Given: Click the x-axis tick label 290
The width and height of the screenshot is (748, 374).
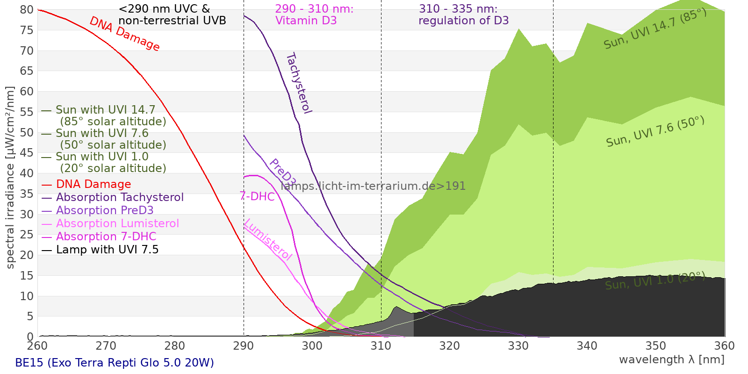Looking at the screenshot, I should (x=243, y=346).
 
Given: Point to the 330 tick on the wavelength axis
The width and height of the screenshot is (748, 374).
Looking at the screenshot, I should (x=518, y=346).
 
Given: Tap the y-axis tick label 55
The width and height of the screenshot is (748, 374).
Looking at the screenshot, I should (x=27, y=112).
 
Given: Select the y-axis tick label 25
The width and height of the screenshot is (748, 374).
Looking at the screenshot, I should (x=27, y=235).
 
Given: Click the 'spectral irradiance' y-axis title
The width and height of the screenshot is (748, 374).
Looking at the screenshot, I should (x=10, y=178).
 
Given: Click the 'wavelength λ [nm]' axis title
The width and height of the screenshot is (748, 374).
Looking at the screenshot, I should (x=671, y=360).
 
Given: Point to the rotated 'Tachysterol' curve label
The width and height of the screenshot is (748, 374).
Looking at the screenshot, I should (x=298, y=83).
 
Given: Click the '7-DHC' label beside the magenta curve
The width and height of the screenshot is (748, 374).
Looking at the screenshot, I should (x=257, y=196).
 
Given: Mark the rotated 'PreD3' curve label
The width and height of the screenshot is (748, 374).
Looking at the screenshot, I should (x=282, y=172).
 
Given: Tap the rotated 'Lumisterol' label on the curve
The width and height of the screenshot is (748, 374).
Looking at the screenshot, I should (x=268, y=239).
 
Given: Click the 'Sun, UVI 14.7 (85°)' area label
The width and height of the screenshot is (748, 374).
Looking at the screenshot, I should (x=655, y=29).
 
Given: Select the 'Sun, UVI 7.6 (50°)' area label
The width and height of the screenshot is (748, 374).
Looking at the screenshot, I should (x=655, y=132).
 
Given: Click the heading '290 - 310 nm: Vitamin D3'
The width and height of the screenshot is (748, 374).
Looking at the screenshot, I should (x=314, y=14).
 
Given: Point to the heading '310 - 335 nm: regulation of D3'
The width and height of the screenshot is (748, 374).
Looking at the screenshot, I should (x=463, y=14).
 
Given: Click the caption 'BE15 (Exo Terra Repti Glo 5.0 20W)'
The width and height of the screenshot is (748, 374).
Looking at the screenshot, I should (x=115, y=363).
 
